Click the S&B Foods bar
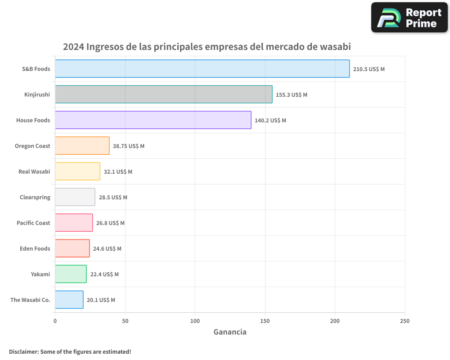202,69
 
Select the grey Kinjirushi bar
163,94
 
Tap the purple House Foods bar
153,120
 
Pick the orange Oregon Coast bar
82,146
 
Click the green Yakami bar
71,274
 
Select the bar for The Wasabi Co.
69,300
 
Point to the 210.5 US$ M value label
369,69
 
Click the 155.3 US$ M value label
291,95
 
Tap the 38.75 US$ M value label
128,146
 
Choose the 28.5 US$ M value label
113,198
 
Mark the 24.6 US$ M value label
107,249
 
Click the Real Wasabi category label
34,172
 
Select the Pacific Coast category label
33,223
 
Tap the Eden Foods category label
35,249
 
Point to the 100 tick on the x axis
195,321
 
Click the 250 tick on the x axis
405,321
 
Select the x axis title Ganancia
229,332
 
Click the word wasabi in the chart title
335,47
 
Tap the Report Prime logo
409,18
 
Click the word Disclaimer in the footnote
23,352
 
